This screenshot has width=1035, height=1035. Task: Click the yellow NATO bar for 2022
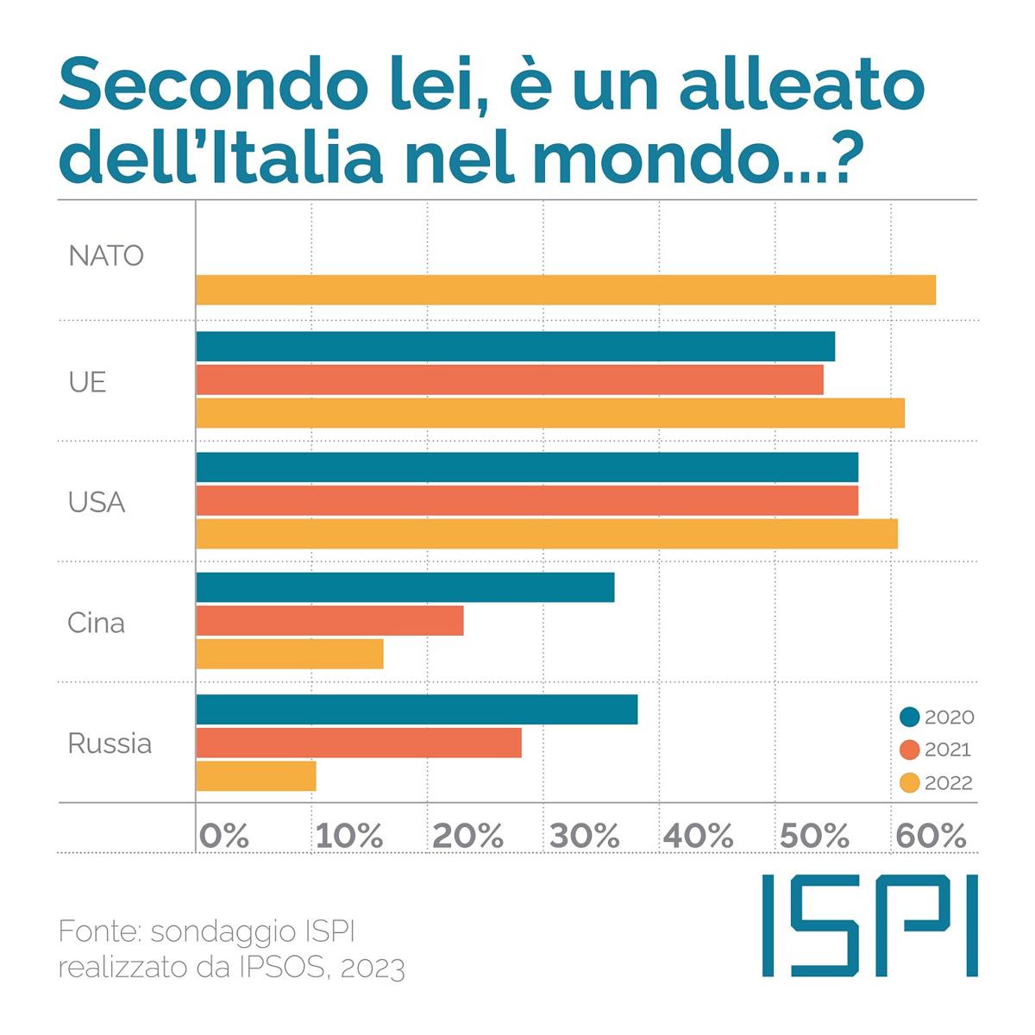566,290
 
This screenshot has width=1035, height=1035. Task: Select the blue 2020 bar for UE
515,347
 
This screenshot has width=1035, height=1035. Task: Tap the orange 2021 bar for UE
510,379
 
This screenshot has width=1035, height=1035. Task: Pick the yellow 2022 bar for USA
547,534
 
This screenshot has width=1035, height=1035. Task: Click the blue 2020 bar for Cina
405,587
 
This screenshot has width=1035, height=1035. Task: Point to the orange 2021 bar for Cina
329,621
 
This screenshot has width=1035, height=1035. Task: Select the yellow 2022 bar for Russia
256,776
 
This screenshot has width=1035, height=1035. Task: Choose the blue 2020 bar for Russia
417,709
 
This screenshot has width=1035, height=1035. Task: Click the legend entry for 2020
937,717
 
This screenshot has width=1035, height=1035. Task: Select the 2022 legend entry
936,782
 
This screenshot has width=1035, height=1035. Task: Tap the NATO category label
106,256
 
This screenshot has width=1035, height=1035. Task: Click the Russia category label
110,743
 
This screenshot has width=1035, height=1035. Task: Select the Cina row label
96,623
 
